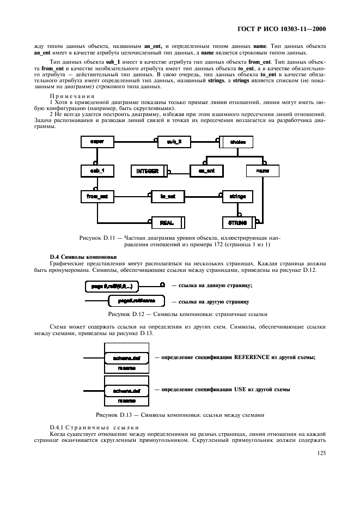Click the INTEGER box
coord(148,171)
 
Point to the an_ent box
coord(206,171)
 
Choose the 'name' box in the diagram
coord(263,171)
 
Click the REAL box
coord(167,222)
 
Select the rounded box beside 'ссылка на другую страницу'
coord(133,301)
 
